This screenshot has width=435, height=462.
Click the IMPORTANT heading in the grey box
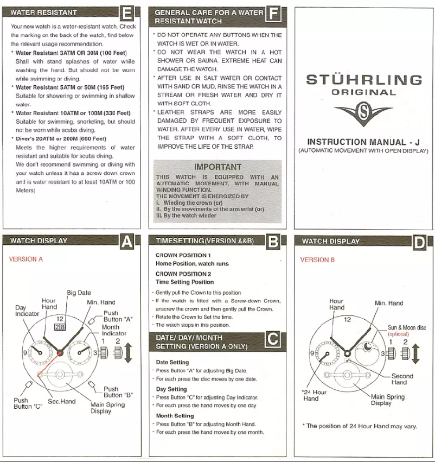click(x=217, y=167)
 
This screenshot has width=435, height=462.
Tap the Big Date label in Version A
click(x=79, y=293)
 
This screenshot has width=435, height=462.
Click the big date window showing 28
click(x=61, y=327)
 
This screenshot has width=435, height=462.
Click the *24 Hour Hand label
click(x=314, y=395)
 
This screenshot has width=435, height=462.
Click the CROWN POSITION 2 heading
click(x=183, y=274)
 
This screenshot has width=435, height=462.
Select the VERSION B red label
click(x=317, y=260)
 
